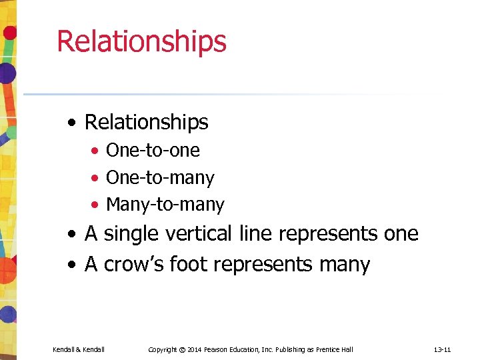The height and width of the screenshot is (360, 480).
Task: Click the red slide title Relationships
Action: (x=141, y=41)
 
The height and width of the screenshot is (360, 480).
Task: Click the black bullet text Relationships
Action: (x=147, y=122)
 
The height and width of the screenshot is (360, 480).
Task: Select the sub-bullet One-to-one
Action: (x=153, y=150)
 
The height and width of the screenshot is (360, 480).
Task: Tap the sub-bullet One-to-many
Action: (x=160, y=177)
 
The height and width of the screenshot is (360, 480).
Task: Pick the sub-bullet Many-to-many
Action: (x=165, y=204)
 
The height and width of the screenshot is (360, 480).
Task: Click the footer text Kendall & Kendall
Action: (x=78, y=349)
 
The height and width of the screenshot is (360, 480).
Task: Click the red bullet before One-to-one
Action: (x=96, y=151)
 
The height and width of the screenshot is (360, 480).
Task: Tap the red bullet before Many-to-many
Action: (x=96, y=205)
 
